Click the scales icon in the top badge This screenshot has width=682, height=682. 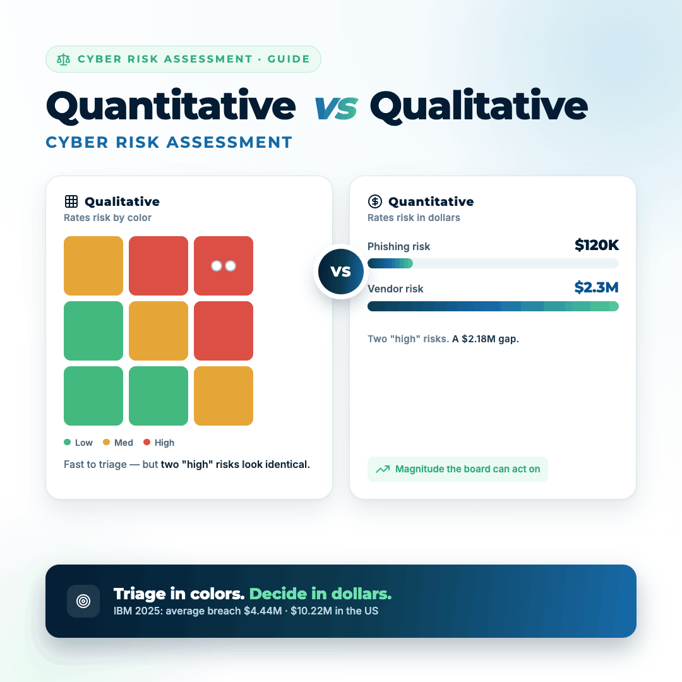(64, 59)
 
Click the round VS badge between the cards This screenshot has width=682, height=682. (341, 272)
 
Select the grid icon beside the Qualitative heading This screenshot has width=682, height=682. (71, 201)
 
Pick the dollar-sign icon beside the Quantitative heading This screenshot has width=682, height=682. (375, 201)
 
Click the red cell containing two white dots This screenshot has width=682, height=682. (224, 266)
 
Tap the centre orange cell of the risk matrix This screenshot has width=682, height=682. (159, 330)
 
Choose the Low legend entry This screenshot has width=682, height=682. (78, 443)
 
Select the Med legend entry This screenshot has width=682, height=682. (118, 443)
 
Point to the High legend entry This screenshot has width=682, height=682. (159, 443)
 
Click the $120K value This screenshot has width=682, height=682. (596, 245)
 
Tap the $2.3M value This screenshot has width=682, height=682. (596, 287)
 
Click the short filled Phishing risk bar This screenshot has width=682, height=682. (390, 263)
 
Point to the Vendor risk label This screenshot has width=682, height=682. (395, 289)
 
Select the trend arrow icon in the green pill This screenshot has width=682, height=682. (383, 469)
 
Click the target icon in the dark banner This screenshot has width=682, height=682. (83, 601)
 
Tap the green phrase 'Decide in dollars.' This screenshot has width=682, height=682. (321, 594)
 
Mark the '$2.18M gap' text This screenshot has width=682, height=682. (490, 339)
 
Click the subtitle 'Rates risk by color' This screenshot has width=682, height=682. (107, 218)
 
